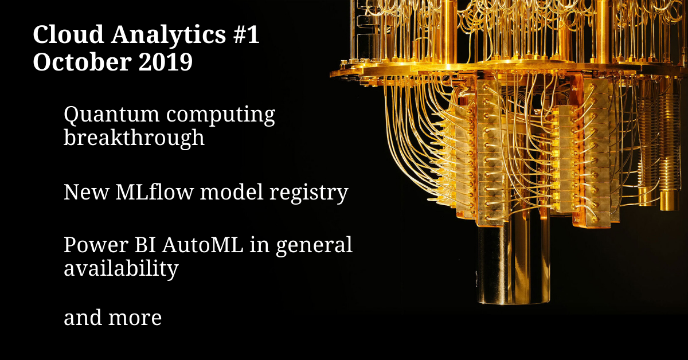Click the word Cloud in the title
[68, 34]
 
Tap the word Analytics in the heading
[169, 36]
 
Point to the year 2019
[166, 62]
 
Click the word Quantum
[111, 115]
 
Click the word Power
[96, 245]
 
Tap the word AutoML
[203, 245]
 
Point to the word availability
[121, 268]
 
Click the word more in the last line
[135, 318]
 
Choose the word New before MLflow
[87, 192]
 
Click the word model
[232, 192]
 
